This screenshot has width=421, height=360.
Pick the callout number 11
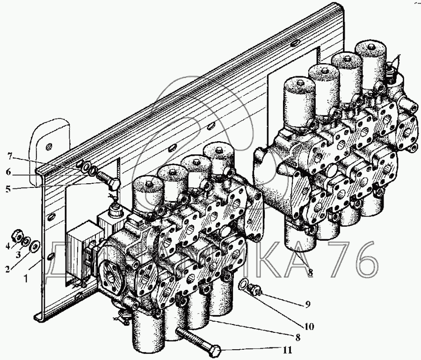click(287, 349)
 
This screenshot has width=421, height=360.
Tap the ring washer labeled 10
click(243, 285)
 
